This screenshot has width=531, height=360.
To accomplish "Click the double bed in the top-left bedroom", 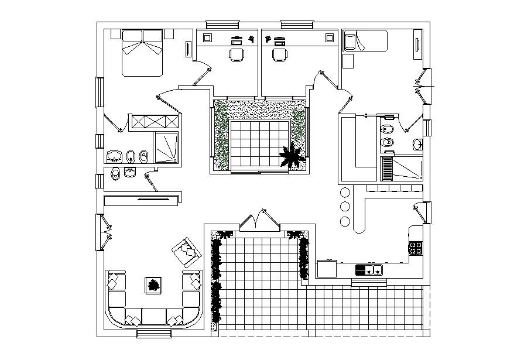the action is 142,53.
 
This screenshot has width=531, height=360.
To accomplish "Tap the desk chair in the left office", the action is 237,54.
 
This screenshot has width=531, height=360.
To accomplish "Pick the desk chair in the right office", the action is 280,54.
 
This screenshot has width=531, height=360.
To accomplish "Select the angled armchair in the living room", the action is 186,251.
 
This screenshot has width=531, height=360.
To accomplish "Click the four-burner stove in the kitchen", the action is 416,248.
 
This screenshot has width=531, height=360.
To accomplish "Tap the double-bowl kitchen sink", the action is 369,270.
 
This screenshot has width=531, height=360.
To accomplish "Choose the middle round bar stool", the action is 344,206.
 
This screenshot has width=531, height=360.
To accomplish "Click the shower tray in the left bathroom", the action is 166,147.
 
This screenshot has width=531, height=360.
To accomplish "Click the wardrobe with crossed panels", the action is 155,121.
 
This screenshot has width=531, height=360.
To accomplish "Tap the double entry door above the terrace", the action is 258,220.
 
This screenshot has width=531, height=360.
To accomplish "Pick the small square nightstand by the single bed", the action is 348,60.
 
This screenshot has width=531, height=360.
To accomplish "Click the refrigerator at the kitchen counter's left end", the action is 326,269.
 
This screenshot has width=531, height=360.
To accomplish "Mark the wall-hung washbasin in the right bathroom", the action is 417,144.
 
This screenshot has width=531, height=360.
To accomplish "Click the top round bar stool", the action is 344,192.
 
